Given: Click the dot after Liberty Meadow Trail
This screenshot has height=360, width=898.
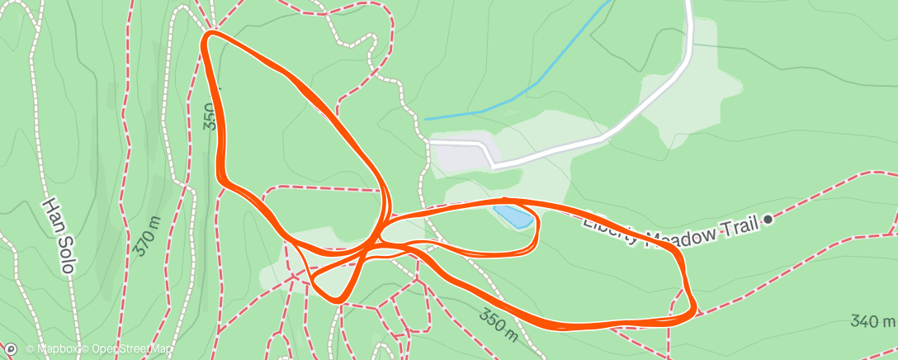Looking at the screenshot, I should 768,219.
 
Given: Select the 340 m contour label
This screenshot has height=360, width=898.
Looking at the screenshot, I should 874,321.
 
